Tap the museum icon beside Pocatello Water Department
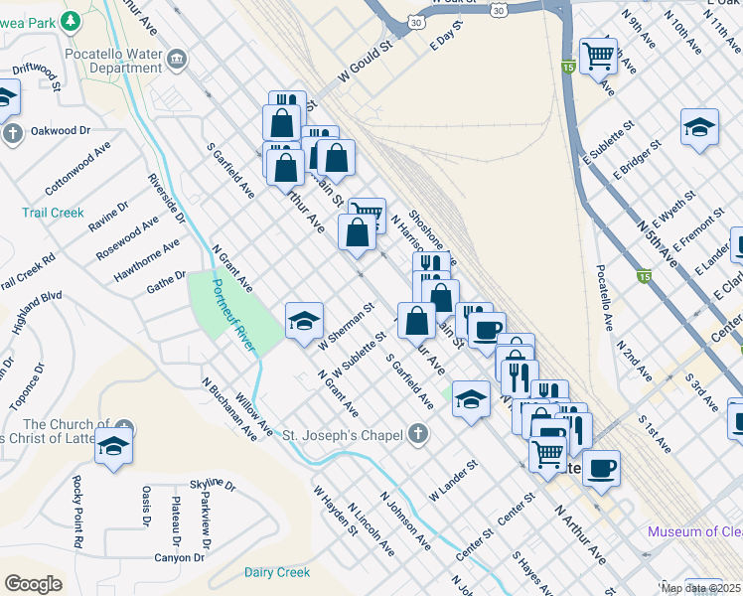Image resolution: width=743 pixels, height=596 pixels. pyautogui.click(x=177, y=60)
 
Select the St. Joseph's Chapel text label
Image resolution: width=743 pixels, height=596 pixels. pyautogui.click(x=342, y=435)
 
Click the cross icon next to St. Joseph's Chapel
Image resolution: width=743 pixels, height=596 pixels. pyautogui.click(x=418, y=434)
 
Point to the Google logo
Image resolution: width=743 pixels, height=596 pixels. pyautogui.click(x=33, y=584)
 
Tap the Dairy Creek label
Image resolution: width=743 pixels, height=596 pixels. pyautogui.click(x=277, y=572)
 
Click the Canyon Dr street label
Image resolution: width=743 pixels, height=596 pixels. pyautogui.click(x=179, y=557)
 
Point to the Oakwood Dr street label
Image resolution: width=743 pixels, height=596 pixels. pyautogui.click(x=61, y=130)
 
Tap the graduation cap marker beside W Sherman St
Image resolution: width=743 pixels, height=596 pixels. pyautogui.click(x=304, y=321)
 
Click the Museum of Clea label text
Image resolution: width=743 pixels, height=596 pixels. pyautogui.click(x=694, y=531)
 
